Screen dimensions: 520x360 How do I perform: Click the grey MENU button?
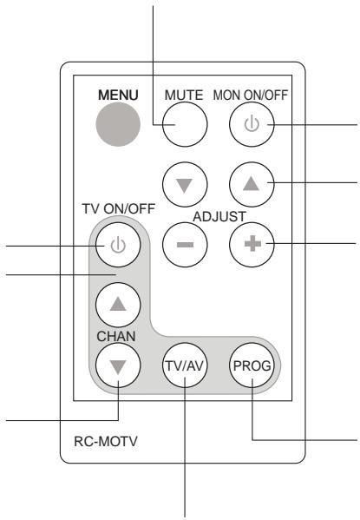116,126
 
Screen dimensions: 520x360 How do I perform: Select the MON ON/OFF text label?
252,94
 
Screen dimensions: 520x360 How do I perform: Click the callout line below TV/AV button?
187,451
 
